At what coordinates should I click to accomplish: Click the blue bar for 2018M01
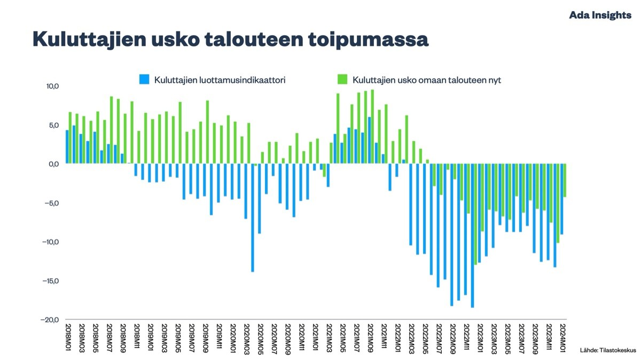pyautogui.click(x=67, y=147)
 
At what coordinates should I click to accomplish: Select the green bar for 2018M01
pyautogui.click(x=70, y=138)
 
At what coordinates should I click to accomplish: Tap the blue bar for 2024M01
pyautogui.click(x=562, y=199)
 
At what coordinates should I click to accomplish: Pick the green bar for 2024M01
pyautogui.click(x=565, y=181)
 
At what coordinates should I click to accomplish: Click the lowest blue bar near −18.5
pyautogui.click(x=472, y=236)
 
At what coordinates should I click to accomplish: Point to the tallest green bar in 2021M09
pyautogui.click(x=372, y=127)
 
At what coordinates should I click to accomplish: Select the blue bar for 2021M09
pyautogui.click(x=370, y=140)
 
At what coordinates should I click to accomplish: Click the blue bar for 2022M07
pyautogui.click(x=438, y=225)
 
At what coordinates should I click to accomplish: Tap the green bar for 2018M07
pyautogui.click(x=111, y=130)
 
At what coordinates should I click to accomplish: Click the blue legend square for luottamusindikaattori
pyautogui.click(x=144, y=79)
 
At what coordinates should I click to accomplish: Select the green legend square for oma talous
pyautogui.click(x=342, y=79)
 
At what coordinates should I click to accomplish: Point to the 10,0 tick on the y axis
pyautogui.click(x=53, y=86)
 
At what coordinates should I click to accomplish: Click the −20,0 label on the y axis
pyautogui.click(x=50, y=319)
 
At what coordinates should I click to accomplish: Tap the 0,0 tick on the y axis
pyautogui.click(x=54, y=164)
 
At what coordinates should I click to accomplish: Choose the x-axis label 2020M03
pyautogui.click(x=247, y=339)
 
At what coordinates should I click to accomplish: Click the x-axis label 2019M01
pyautogui.click(x=151, y=338)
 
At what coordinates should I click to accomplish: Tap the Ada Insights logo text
pyautogui.click(x=600, y=15)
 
